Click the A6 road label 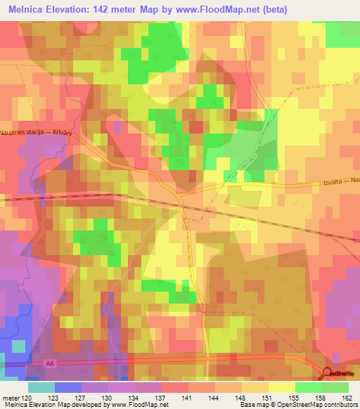pyautogui.click(x=49, y=363)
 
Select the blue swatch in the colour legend pyautogui.click(x=68, y=387)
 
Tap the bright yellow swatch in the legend pyautogui.click(x=281, y=387)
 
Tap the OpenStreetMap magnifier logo pyautogui.click(x=328, y=375)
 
